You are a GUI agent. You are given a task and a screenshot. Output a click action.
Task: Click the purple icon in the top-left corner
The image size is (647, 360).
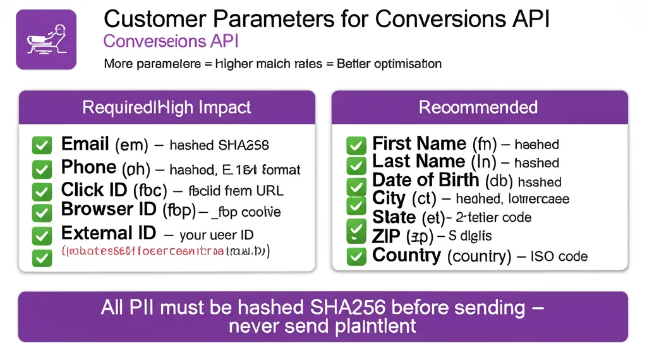(x=45, y=39)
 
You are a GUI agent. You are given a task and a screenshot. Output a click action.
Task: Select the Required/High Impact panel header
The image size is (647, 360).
(x=167, y=107)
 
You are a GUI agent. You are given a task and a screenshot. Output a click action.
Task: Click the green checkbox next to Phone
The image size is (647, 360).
(x=42, y=169)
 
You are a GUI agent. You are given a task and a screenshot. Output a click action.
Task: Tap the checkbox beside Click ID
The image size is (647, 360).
(x=42, y=191)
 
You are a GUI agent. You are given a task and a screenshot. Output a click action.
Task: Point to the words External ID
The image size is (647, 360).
(x=109, y=233)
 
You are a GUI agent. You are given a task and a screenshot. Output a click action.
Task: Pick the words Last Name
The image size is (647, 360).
(x=418, y=162)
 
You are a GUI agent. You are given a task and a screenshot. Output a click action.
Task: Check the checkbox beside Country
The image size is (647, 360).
(x=356, y=256)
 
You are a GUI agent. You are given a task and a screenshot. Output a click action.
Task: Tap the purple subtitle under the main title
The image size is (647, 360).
(x=171, y=42)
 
